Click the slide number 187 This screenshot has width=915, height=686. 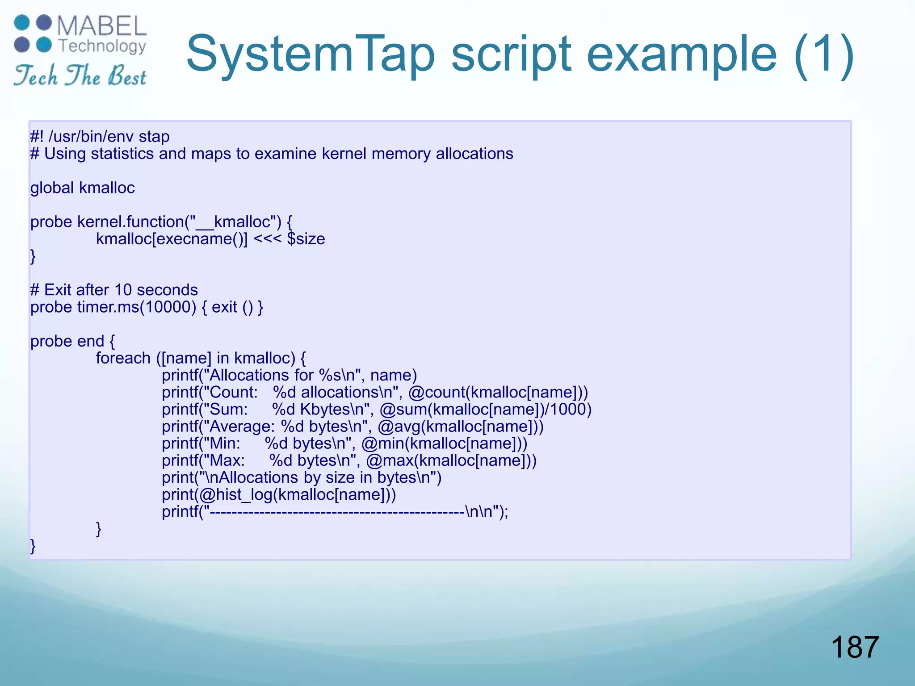click(855, 647)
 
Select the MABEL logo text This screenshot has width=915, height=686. click(102, 26)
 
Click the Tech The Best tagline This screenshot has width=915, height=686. click(80, 75)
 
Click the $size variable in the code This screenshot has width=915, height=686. click(306, 239)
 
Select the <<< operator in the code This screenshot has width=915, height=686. click(267, 239)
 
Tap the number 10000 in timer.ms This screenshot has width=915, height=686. click(168, 307)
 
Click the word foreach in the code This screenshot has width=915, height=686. click(123, 358)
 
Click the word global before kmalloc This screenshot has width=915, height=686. click(52, 188)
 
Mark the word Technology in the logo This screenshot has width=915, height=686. click(102, 46)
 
